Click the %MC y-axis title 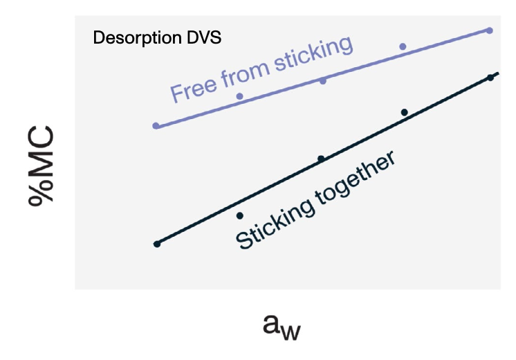[x=43, y=163]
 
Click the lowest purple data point [x=156, y=126]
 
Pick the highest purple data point [x=490, y=30]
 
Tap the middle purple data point [x=322, y=81]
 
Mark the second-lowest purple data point [x=240, y=96]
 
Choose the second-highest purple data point [x=403, y=46]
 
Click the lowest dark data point [x=157, y=244]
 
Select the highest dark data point [x=490, y=77]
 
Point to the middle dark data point [x=321, y=159]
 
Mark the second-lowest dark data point [x=240, y=215]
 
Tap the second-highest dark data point [x=405, y=111]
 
